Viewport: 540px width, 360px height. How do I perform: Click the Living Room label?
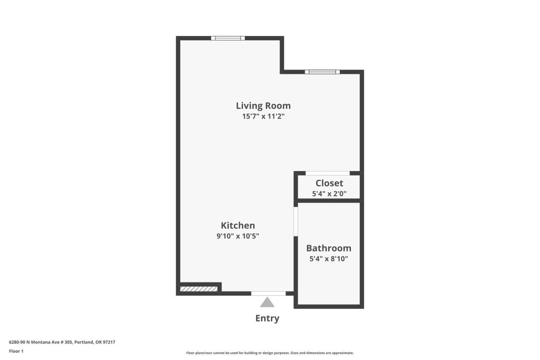[263, 106]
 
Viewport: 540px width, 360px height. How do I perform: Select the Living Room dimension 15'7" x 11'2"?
[263, 117]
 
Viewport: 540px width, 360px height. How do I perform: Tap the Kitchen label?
[238, 225]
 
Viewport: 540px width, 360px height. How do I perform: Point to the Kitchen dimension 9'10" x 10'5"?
[238, 236]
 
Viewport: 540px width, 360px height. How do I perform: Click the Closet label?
[329, 183]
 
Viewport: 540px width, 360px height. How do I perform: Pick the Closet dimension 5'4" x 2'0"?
[329, 193]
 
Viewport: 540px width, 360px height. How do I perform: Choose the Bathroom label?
[329, 248]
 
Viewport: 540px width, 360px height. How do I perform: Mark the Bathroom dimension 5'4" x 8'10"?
[329, 259]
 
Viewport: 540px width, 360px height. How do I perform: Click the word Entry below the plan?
[267, 318]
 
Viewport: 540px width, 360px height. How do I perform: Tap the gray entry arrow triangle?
[267, 302]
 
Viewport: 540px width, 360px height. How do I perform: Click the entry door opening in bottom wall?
[268, 293]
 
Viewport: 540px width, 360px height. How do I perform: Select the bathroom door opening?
[296, 221]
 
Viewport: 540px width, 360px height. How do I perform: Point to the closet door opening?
[328, 173]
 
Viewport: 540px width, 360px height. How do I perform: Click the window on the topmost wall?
[228, 38]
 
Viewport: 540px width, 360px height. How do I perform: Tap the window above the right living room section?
[322, 72]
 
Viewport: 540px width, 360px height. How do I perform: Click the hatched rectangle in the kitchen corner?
[198, 289]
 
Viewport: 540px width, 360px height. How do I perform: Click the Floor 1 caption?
[16, 351]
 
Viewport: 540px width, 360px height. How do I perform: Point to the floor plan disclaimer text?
[270, 353]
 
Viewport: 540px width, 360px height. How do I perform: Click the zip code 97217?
[109, 342]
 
